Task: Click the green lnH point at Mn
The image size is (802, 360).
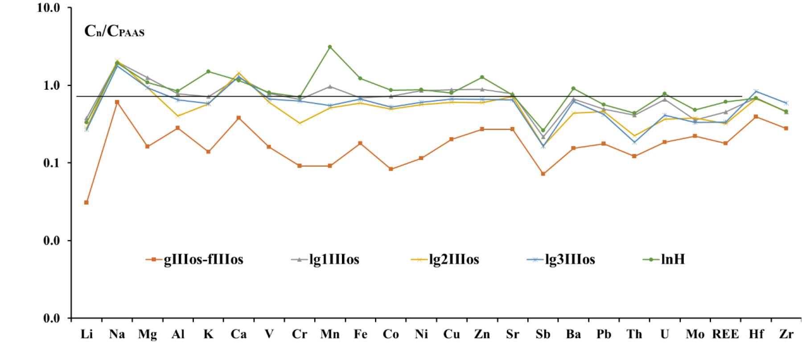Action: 330,47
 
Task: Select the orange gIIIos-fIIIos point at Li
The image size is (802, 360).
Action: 86,203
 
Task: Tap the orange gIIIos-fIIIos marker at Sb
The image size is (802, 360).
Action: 543,174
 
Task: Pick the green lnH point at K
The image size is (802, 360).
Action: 208,71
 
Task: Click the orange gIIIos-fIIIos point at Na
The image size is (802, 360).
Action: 117,102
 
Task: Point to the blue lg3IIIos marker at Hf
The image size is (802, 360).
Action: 756,91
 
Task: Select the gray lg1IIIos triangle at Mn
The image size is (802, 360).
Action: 330,86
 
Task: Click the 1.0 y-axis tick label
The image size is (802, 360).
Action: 51,86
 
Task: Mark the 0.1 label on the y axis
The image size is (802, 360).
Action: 51,163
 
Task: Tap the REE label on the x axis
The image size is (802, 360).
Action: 725,334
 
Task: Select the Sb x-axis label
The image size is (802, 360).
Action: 543,334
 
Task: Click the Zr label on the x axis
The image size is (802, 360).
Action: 786,334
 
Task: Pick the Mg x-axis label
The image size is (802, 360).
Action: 148,334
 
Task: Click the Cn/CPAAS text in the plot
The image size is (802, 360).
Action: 115,31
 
